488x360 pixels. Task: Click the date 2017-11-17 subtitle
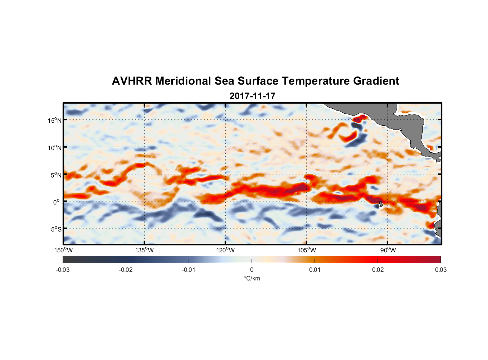tap(252, 96)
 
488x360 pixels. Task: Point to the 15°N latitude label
tap(54, 120)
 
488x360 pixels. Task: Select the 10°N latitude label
tap(54, 148)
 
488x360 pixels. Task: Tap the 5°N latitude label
tap(56, 175)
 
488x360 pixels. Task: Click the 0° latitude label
tap(57, 202)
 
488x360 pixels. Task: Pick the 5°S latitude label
tap(56, 229)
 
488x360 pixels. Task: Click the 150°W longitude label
tap(63, 250)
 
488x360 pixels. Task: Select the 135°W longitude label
tap(145, 250)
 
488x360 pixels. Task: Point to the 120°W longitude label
tap(226, 250)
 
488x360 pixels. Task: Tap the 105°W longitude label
tap(307, 250)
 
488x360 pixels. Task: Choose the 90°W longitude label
tap(388, 250)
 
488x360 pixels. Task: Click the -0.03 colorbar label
tap(63, 270)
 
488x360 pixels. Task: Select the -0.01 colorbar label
tap(189, 270)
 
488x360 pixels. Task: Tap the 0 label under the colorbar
tap(252, 270)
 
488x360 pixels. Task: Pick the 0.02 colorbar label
tap(378, 270)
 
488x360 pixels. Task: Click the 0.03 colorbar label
tap(440, 270)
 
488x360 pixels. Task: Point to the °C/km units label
tap(252, 278)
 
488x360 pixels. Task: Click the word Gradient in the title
tap(376, 81)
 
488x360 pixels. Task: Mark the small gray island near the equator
tap(381, 204)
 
